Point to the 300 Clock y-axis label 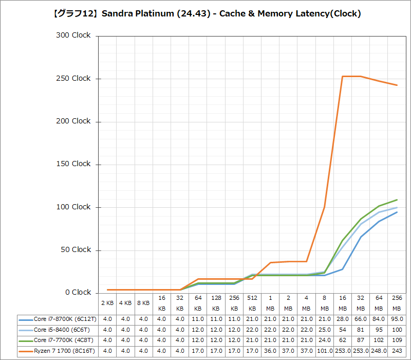73,35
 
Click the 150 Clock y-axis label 73,164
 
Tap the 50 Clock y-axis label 73,250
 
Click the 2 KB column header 107,303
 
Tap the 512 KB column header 252,303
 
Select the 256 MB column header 397,303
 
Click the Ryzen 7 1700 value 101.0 325,351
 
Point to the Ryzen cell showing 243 397,351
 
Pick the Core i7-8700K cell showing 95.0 397,319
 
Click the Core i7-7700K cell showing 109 397,340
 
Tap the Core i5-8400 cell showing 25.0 325,330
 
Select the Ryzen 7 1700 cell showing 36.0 270,351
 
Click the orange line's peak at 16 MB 343,76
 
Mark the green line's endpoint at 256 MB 397,200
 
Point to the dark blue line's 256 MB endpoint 397,212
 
